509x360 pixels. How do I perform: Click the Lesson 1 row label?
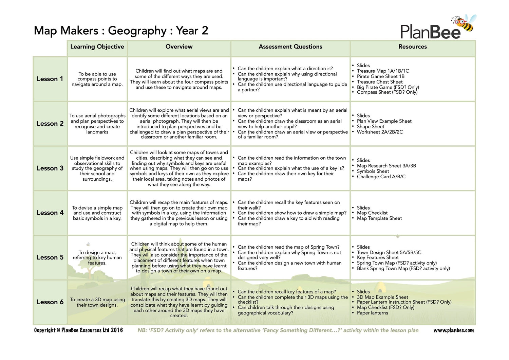coord(50,79)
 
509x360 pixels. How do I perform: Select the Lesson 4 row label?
coord(50,213)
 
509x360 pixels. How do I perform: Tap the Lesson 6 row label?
coord(50,302)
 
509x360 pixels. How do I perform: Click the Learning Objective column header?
coord(97,47)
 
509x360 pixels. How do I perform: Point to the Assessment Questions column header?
coord(290,47)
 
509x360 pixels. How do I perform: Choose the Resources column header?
coord(412,47)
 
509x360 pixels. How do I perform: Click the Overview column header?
coord(179,47)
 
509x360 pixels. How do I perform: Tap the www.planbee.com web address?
coord(453,330)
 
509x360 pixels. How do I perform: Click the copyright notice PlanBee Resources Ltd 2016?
coord(78,330)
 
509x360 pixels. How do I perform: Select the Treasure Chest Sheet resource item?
coord(379,82)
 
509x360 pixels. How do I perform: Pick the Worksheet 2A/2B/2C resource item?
coord(380,132)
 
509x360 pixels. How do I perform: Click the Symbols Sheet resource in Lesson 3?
coord(373,171)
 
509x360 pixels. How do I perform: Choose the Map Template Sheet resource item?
coord(379,218)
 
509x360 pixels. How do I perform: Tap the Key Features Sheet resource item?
coord(378,257)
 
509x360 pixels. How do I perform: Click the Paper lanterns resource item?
coord(372,313)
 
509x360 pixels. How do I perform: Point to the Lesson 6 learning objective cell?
coord(97,302)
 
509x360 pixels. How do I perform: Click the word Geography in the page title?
coord(137,31)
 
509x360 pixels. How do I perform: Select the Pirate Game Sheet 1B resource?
coord(380,76)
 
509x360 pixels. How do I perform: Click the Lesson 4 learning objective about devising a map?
coord(97,213)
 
